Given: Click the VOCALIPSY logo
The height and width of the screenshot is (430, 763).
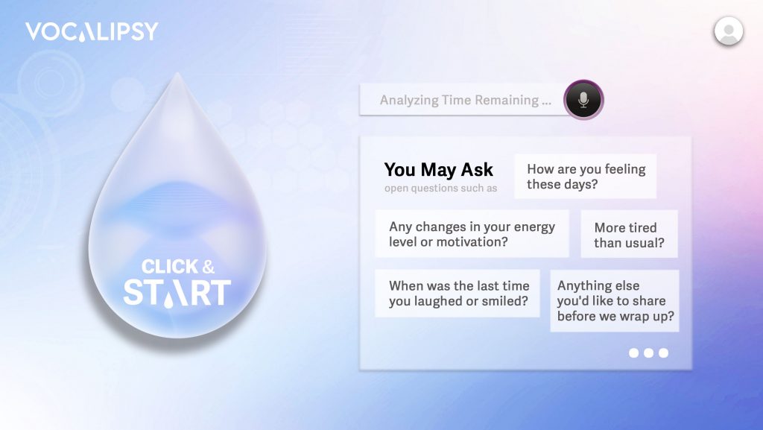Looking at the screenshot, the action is [x=92, y=31].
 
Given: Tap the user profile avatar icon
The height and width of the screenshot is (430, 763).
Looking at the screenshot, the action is [x=729, y=31].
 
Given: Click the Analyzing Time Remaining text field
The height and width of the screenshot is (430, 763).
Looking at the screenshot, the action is [x=465, y=100].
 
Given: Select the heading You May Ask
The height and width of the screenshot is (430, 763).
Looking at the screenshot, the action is [x=438, y=170].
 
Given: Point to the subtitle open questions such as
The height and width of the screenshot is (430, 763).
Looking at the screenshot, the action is [x=441, y=189].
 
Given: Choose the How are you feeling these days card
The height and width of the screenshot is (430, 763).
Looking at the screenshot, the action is [x=586, y=176].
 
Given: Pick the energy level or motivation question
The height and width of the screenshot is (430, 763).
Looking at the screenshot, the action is [x=472, y=234].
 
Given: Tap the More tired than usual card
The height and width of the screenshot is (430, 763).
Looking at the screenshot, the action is [x=629, y=235].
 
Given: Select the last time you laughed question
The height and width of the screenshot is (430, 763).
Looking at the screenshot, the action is [x=458, y=294].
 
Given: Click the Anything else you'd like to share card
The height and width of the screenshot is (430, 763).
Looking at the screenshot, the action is [x=615, y=300].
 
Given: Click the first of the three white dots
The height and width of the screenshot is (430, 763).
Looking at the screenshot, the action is [x=633, y=352].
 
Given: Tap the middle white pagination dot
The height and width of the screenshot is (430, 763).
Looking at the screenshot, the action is [x=649, y=352].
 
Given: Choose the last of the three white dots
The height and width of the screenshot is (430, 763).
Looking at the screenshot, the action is [x=663, y=352].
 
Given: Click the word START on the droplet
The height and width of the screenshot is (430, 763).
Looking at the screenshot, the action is [x=177, y=293].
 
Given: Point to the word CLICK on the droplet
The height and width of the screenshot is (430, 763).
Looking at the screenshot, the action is [x=170, y=267].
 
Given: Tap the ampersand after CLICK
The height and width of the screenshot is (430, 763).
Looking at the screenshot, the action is [x=209, y=267].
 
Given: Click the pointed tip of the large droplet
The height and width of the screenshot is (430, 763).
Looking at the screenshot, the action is [x=177, y=74].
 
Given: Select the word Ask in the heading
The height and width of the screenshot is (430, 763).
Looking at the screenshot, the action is [x=477, y=170].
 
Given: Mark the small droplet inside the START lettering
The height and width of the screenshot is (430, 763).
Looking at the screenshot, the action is [x=168, y=302].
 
